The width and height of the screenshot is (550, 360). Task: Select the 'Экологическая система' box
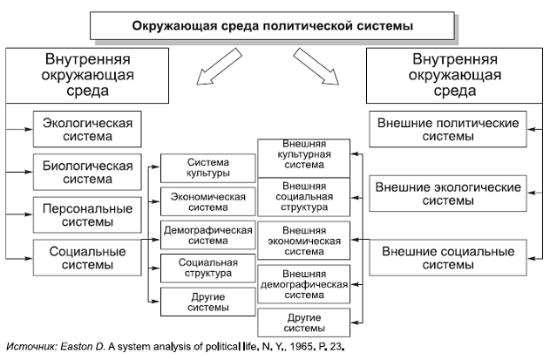[83, 129]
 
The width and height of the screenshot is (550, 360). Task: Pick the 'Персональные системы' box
[83, 214]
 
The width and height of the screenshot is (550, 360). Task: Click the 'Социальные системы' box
[83, 258]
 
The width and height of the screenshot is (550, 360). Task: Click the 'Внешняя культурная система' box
[303, 153]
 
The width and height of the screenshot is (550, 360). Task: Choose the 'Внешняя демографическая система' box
[303, 283]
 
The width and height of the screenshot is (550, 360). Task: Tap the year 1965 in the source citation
[298, 346]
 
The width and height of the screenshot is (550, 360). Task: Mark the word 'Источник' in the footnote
[32, 346]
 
